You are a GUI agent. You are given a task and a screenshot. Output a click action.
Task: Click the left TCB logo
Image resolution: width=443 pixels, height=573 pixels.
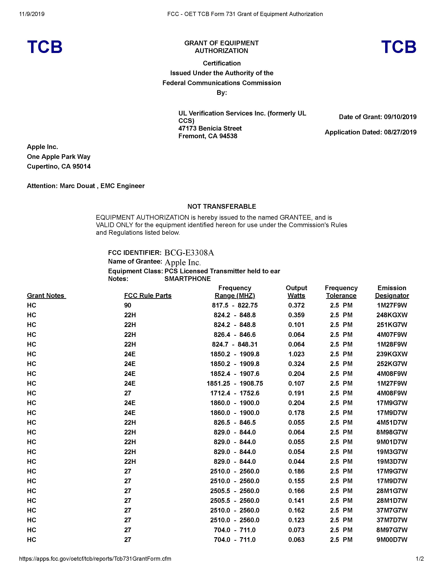pos(45,47)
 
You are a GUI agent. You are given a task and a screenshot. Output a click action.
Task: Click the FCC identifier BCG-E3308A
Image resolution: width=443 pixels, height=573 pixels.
pos(189,253)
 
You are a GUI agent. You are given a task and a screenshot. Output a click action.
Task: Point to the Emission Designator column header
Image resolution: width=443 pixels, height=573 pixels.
pos(392,292)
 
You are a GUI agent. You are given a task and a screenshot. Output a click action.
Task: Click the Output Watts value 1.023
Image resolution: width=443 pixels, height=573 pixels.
pos(296,354)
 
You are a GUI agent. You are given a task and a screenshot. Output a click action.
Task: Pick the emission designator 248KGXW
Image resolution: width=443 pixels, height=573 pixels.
pos(392,315)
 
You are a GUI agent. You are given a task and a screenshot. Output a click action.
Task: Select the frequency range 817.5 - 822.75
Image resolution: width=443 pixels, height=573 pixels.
pos(235,305)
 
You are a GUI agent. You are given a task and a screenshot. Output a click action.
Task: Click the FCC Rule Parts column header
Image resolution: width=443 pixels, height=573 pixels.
pos(148,296)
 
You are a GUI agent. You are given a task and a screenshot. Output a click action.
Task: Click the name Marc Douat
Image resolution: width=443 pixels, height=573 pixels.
pos(77,186)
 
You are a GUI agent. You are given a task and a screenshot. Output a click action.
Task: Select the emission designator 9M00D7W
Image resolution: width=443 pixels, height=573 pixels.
pos(392,540)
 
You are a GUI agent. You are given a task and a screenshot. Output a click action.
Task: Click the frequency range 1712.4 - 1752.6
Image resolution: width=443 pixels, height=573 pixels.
pos(235,393)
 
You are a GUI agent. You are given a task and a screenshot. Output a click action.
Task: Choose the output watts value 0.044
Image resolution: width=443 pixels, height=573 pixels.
pos(296,462)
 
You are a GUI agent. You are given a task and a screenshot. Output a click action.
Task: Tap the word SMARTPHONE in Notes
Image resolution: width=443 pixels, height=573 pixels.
pos(187,279)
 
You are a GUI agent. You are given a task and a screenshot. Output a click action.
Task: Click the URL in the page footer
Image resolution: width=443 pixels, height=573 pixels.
pos(95,559)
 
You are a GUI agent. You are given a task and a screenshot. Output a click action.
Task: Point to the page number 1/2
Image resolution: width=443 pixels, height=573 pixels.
pos(420,559)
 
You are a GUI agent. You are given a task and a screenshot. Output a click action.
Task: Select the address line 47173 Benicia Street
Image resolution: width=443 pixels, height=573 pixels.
pos(210,128)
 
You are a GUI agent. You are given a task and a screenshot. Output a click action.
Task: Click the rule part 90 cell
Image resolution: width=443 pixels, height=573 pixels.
pos(128,305)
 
